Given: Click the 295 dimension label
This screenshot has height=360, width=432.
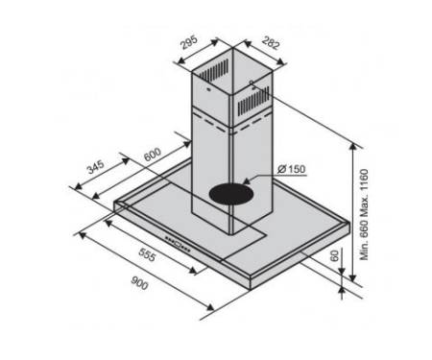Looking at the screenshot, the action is (189, 43).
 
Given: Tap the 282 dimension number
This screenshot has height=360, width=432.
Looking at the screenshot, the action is (271, 43).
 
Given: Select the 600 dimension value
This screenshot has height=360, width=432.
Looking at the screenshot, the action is (153, 155).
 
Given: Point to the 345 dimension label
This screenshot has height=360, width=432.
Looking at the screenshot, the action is (96, 167).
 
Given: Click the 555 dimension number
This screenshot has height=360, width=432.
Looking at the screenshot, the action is (148, 254).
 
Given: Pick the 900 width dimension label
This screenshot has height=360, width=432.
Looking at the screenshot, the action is (139, 283).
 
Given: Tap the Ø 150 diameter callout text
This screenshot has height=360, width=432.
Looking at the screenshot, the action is (292, 169).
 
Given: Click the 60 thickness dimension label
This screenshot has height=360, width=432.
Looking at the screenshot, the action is (334, 256).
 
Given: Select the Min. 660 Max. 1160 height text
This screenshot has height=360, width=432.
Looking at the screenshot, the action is (364, 214).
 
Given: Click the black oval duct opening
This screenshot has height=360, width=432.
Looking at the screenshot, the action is (231, 194).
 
